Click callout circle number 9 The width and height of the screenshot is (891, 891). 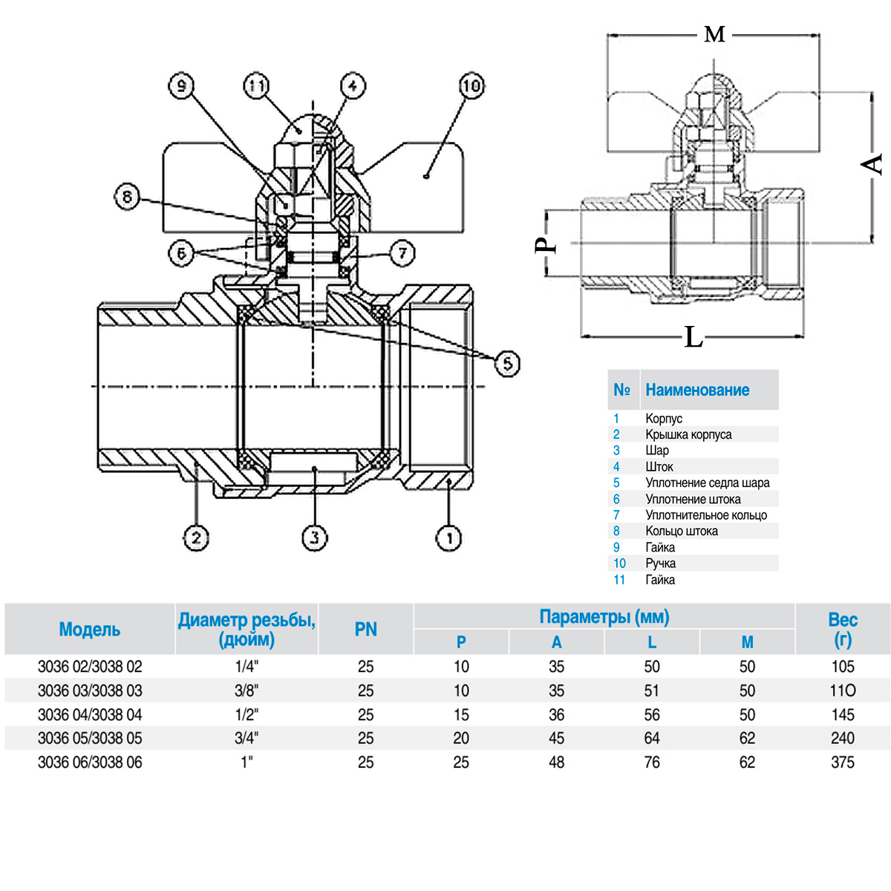[x=181, y=86]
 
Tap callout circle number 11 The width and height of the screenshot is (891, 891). [x=256, y=86]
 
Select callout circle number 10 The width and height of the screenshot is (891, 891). [x=471, y=86]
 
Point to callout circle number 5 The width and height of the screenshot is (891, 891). [x=507, y=363]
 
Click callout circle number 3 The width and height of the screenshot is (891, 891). [x=315, y=537]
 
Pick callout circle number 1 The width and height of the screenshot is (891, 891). [x=448, y=537]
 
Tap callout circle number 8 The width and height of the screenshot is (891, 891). [x=127, y=197]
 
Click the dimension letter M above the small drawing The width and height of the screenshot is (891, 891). [x=714, y=34]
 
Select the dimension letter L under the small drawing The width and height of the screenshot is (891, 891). [x=693, y=338]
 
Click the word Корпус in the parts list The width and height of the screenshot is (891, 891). [x=664, y=418]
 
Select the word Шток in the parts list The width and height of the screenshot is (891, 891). [x=659, y=466]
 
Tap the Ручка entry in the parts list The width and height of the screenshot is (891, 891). [x=660, y=563]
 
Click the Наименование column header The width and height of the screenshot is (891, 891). [x=697, y=390]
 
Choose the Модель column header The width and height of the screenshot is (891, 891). [x=89, y=630]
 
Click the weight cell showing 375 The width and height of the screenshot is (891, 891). [x=843, y=763]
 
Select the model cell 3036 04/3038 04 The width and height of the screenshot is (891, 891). [x=90, y=714]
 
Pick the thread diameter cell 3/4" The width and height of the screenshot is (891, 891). [x=247, y=738]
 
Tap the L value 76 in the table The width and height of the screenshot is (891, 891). [x=652, y=763]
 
